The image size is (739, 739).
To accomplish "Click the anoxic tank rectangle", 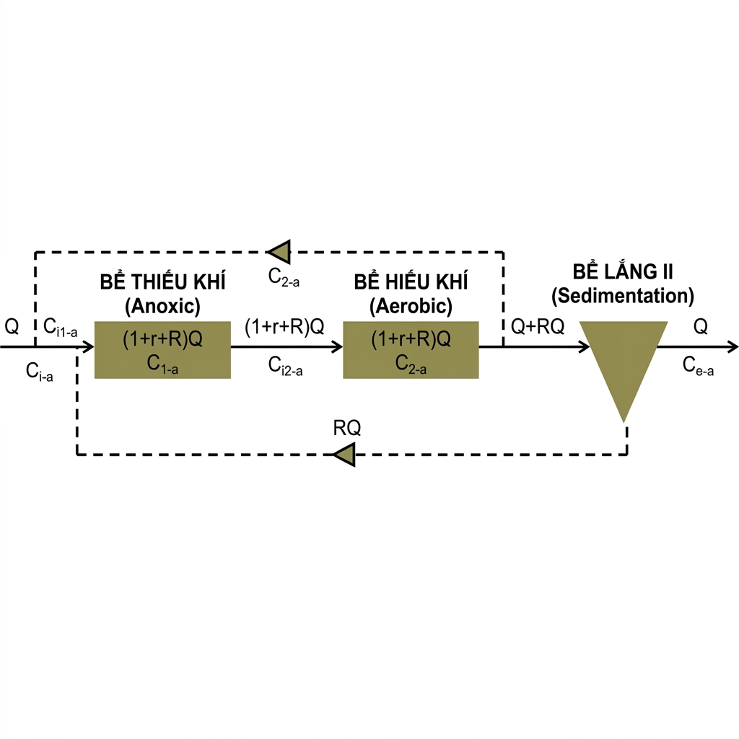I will pos(162,349).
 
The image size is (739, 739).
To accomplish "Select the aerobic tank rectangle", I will pos(411,349).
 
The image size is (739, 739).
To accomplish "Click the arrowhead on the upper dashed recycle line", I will pos(279,251).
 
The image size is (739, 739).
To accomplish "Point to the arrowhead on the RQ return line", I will pos(344,455).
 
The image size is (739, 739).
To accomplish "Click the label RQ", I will pos(347,428).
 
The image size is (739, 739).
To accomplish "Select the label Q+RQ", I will pos(538,327).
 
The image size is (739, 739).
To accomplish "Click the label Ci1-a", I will pos(61,327).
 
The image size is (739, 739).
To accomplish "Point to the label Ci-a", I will pos(39,372).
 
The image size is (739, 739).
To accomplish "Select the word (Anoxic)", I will pos(162,306).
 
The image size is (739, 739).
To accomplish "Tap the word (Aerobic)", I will pos(411,306).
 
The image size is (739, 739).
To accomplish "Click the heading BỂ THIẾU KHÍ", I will pos(162,282).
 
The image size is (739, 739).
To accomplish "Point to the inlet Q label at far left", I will pos(12,326).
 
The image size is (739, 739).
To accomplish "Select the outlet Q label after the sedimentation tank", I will pos(700,327).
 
